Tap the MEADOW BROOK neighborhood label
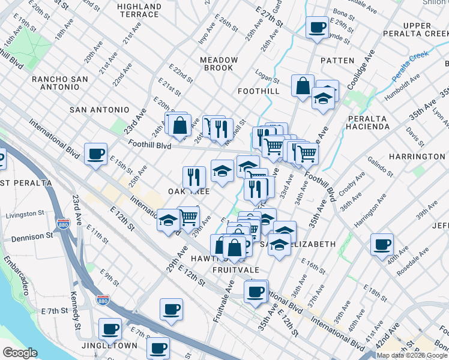219,64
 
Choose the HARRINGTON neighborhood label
417,157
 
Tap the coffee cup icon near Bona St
317,27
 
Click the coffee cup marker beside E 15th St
95,154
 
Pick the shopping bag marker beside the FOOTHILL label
303,85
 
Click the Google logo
20,353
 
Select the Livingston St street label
25,214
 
